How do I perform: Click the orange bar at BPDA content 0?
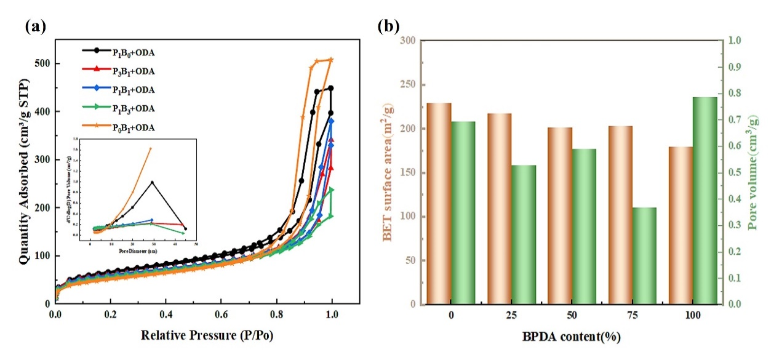click(x=439, y=203)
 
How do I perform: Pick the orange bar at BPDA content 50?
click(x=560, y=215)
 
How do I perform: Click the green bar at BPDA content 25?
click(x=524, y=234)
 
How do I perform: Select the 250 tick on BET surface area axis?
click(x=409, y=85)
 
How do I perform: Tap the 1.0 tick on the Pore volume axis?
click(x=736, y=41)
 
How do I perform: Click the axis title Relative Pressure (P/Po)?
click(x=207, y=336)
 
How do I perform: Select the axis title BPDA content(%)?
click(x=572, y=337)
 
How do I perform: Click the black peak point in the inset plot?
click(x=152, y=182)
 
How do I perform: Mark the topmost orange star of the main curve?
click(x=331, y=60)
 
